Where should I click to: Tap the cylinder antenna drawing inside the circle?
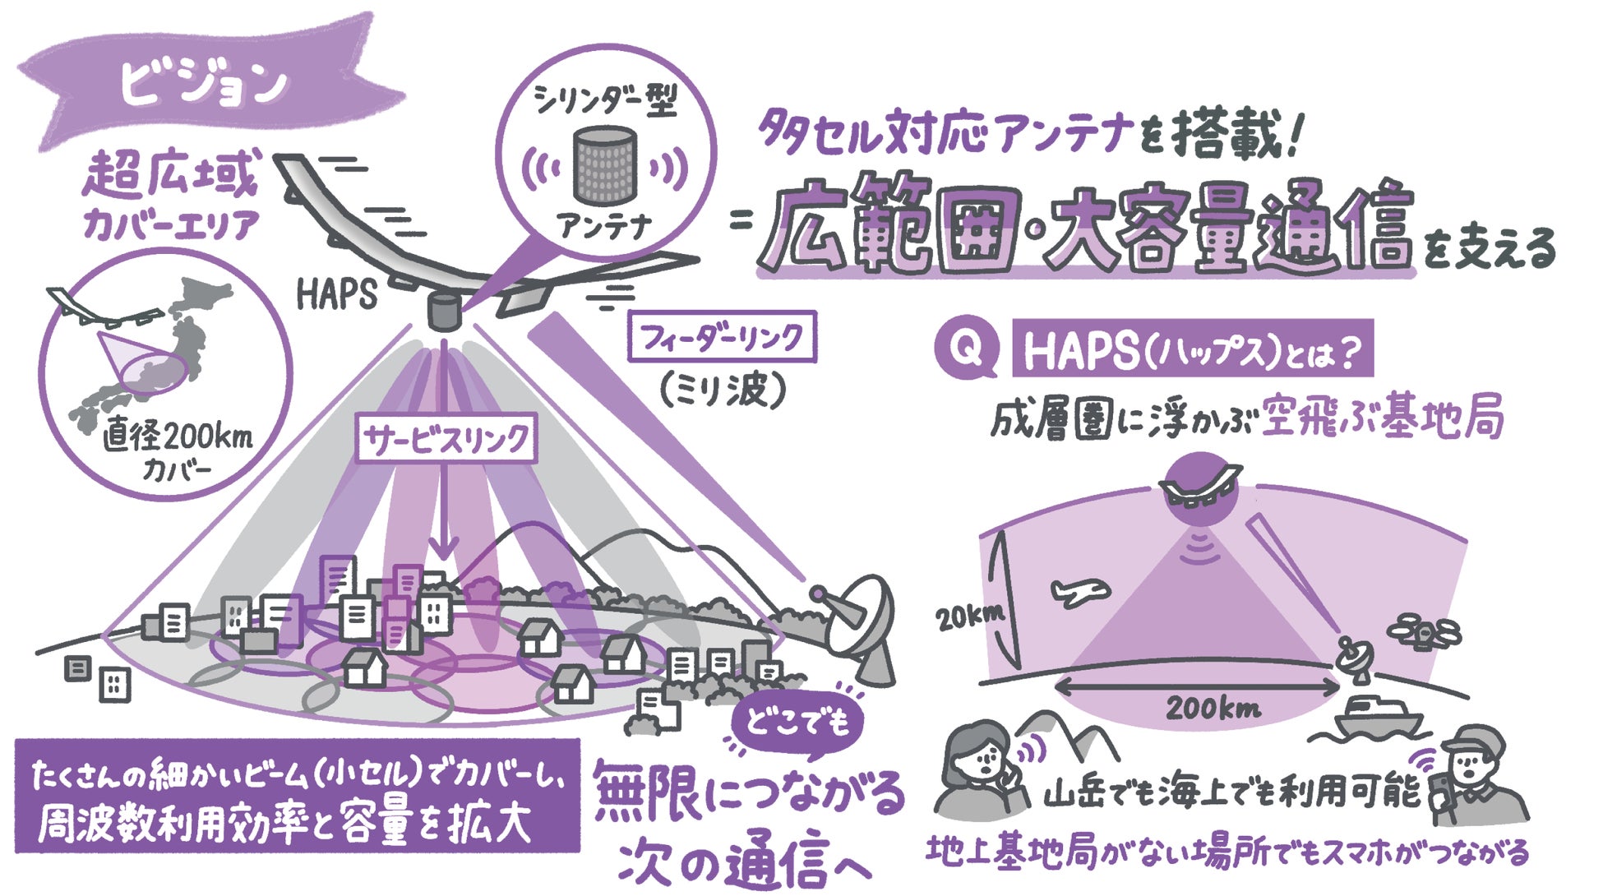tap(604, 164)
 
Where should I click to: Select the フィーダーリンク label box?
tap(722, 336)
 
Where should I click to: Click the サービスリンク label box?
tap(446, 440)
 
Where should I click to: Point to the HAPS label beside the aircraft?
tap(336, 295)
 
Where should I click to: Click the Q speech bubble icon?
tap(966, 349)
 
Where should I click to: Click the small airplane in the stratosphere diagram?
tap(1079, 591)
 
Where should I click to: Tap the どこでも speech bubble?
tap(797, 723)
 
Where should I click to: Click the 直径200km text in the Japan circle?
tap(178, 437)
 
